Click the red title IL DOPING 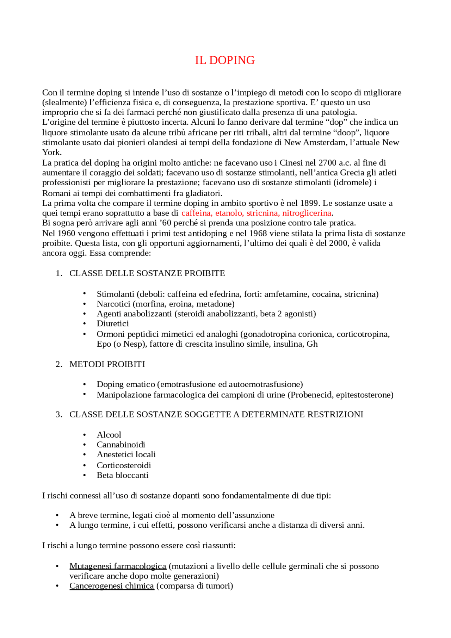tap(225, 60)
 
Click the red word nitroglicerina tap(307, 213)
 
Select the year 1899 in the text tap(309, 203)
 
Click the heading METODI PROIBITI tap(107, 364)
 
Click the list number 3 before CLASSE tap(58, 414)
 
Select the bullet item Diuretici tap(113, 323)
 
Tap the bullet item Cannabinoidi tap(121, 445)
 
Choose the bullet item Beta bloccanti tap(123, 475)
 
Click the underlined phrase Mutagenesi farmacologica tap(118, 566)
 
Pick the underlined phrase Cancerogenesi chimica tap(112, 586)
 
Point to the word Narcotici tap(113, 304)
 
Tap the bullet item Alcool tap(109, 435)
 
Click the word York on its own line tap(51, 152)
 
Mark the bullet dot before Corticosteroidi tap(85, 465)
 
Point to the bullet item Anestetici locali tap(126, 454)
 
